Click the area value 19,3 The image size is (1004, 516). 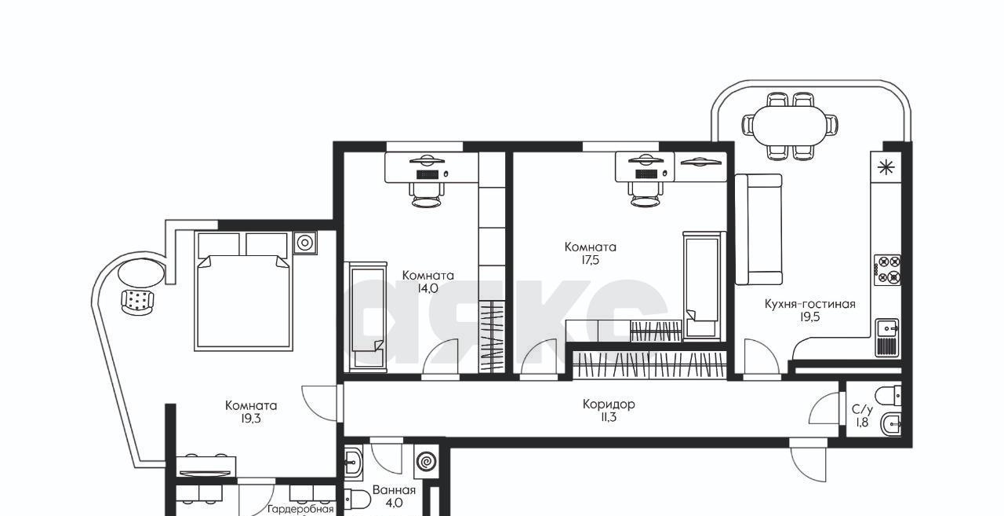tap(251, 419)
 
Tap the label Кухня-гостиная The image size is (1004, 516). tap(810, 304)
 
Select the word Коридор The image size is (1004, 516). tap(609, 404)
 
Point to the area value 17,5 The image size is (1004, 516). tap(591, 260)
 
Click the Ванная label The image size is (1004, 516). tap(394, 490)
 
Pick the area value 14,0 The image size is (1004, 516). tap(427, 288)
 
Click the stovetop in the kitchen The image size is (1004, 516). tap(888, 269)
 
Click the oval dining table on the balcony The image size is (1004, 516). tap(789, 126)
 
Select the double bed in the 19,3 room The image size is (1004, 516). tap(243, 291)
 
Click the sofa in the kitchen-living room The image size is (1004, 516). tap(758, 229)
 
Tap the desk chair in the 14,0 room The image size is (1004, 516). tap(427, 196)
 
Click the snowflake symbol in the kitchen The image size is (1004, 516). tap(886, 168)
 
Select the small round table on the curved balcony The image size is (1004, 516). tap(140, 273)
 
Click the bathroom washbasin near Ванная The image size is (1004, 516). tap(353, 462)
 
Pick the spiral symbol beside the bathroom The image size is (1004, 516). tap(425, 461)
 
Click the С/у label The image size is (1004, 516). tap(862, 410)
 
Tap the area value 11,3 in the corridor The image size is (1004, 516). tap(609, 418)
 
